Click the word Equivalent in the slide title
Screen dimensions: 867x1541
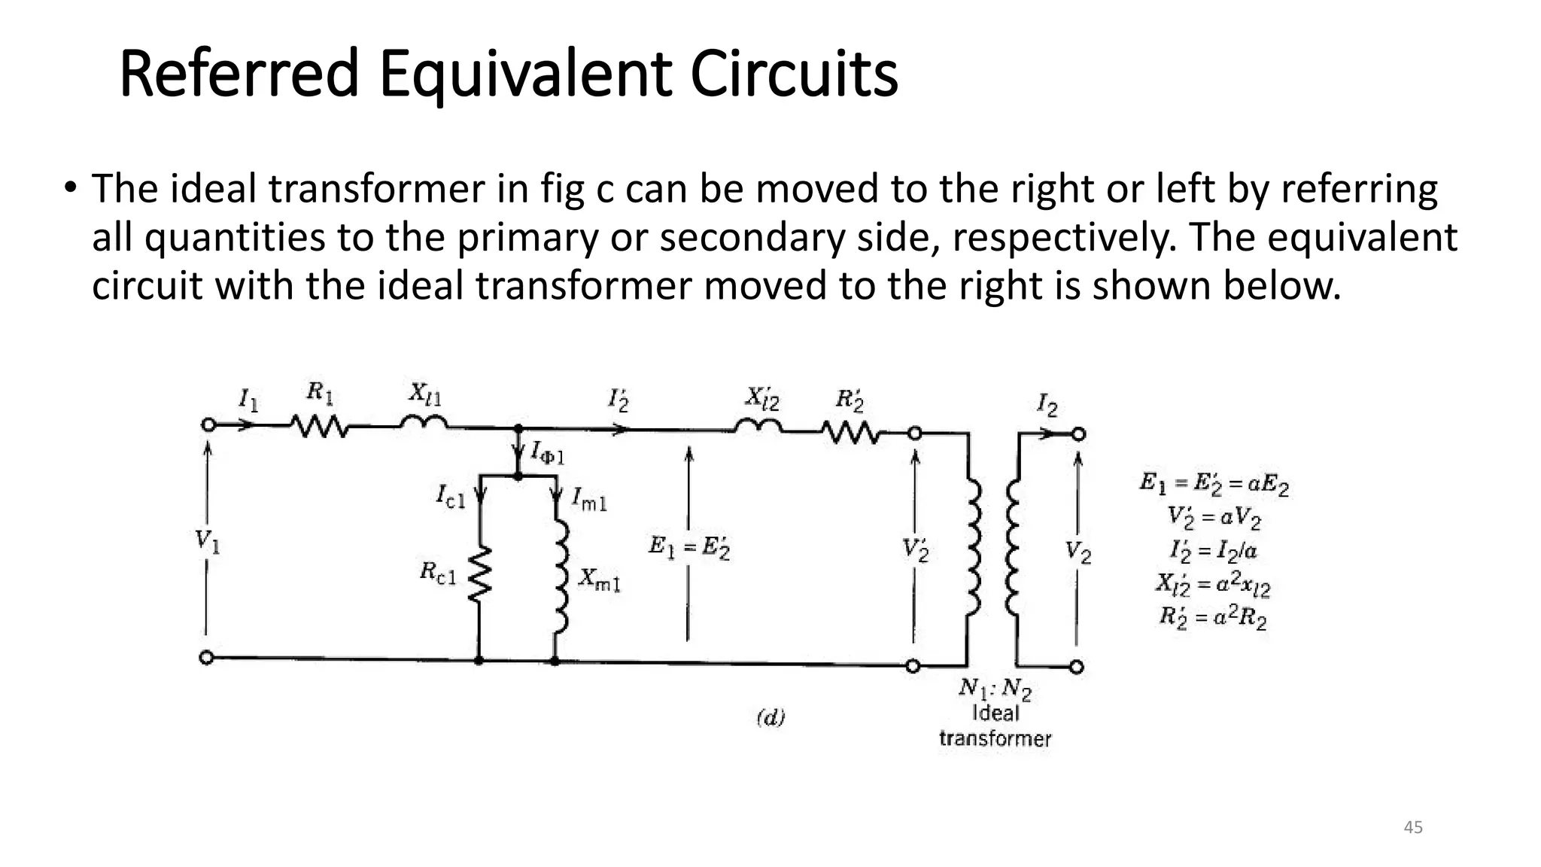524,75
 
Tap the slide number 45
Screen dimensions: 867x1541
1413,827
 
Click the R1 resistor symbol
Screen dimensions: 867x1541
321,427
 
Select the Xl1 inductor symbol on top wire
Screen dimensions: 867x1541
424,423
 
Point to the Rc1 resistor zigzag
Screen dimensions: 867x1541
479,574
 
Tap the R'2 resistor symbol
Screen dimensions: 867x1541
850,433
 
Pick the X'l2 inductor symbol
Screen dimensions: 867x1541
758,427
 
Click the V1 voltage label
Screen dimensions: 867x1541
207,541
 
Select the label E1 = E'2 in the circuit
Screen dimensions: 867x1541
688,547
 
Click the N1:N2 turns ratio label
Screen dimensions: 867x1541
995,688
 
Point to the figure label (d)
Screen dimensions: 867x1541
770,717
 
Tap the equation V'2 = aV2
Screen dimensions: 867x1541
1213,518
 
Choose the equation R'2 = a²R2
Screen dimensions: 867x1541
1212,618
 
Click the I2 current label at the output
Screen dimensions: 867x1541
1047,406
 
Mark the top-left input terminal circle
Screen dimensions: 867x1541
208,425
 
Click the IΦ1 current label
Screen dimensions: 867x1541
547,454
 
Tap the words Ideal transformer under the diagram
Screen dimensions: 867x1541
995,726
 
